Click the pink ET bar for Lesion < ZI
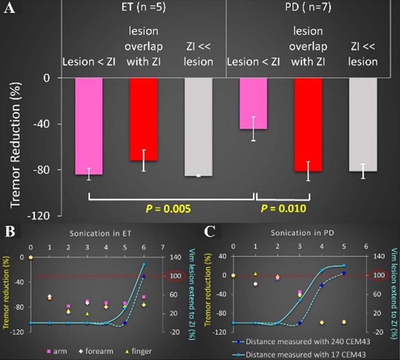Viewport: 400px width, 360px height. point(89,126)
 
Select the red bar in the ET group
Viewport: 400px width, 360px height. point(144,119)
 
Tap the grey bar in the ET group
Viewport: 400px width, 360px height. point(198,127)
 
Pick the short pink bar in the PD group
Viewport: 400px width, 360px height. point(253,103)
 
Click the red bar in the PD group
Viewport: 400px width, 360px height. point(308,124)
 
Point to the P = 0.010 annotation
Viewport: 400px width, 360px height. point(283,208)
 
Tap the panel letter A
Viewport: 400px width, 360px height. point(9,9)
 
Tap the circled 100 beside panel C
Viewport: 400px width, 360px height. point(380,276)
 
